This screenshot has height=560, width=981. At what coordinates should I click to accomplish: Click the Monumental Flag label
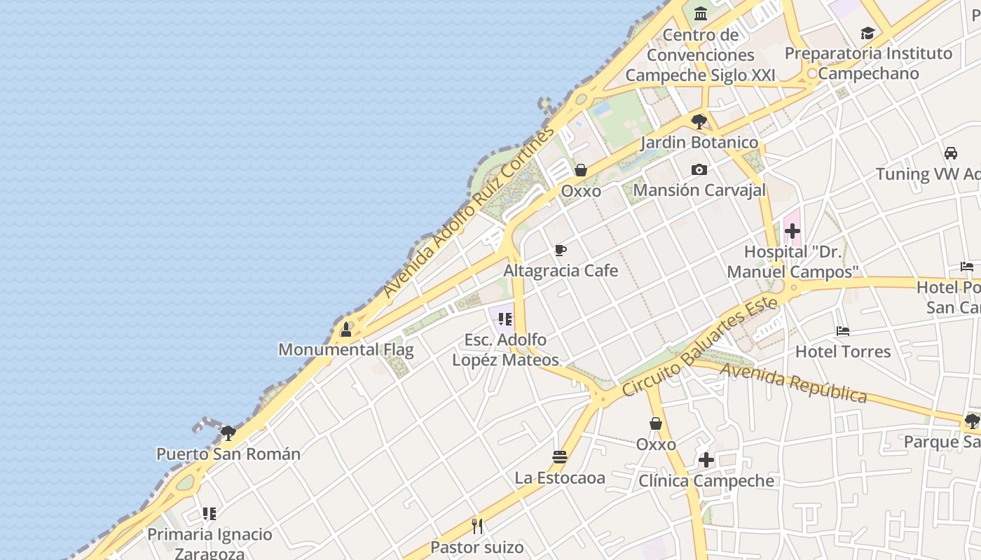(x=346, y=349)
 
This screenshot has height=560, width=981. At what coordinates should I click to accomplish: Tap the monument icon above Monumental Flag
(x=346, y=329)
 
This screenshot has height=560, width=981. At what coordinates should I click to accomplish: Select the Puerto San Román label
(x=228, y=454)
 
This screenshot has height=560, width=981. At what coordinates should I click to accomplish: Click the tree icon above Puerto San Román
(x=228, y=433)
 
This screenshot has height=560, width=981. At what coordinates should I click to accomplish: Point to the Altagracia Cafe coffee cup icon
(x=561, y=251)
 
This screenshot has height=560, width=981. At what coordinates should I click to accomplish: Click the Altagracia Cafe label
(x=561, y=270)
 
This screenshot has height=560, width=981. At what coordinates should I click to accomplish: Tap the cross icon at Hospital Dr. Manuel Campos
(x=793, y=231)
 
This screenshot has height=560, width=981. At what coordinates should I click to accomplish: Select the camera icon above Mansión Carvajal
(x=699, y=170)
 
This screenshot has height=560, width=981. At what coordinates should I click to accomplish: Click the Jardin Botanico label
(x=699, y=142)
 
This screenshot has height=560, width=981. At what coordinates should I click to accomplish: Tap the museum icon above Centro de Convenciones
(x=700, y=13)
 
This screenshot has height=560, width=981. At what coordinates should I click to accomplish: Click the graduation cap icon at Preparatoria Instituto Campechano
(x=867, y=33)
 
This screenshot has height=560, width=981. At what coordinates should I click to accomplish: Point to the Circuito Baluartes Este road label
(x=699, y=346)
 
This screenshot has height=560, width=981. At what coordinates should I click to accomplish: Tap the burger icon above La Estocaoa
(x=559, y=457)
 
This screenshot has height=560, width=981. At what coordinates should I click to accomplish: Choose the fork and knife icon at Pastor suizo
(x=477, y=526)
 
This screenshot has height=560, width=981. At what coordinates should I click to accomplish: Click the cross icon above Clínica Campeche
(x=706, y=460)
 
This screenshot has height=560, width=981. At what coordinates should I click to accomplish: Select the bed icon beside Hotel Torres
(x=843, y=330)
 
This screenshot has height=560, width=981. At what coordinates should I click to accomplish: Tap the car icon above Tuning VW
(x=951, y=153)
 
